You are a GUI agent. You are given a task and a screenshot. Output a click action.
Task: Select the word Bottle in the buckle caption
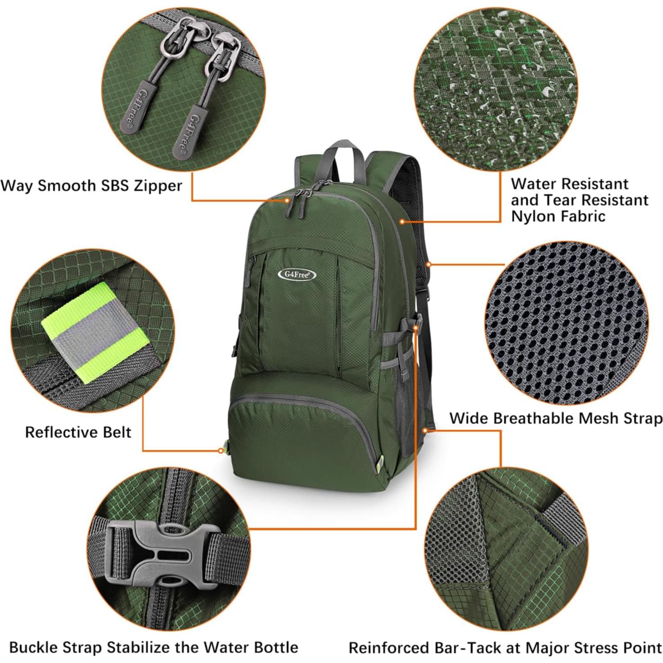pyautogui.click(x=273, y=647)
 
